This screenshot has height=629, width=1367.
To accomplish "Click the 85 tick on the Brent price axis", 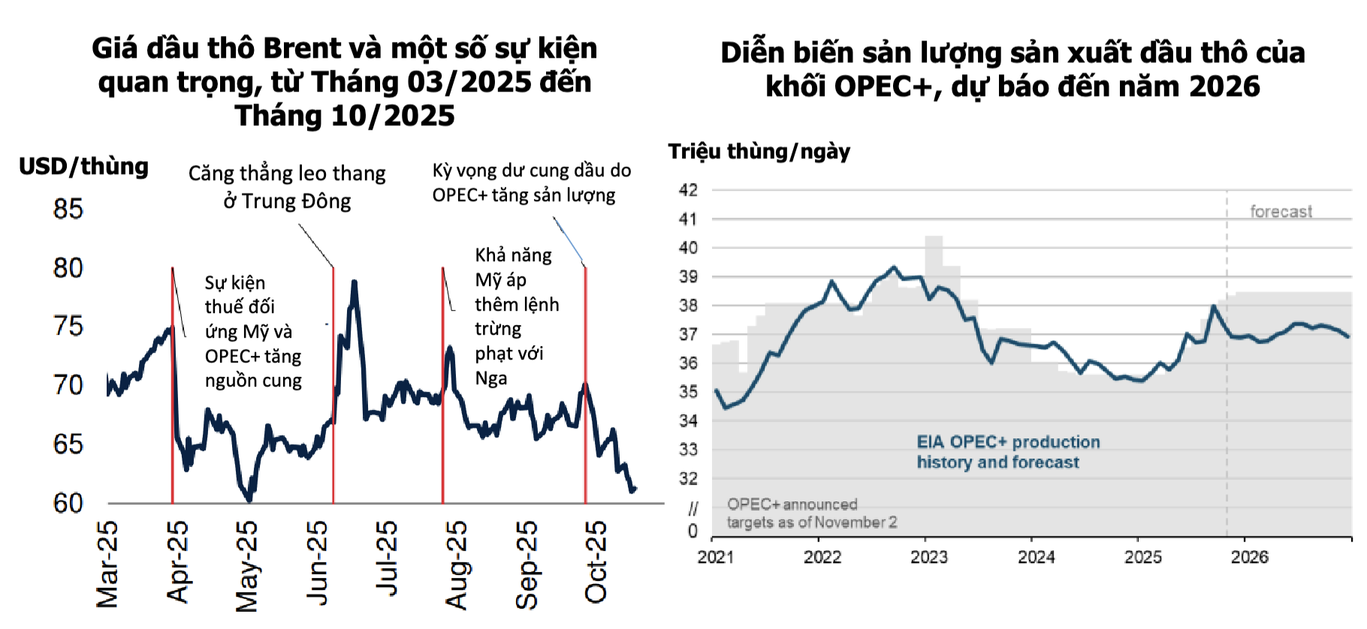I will tap(68, 209).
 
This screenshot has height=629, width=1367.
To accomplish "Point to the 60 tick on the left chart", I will tap(68, 503).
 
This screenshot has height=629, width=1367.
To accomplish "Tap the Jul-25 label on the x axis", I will tap(387, 559).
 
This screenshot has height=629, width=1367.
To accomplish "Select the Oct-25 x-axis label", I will tap(596, 562).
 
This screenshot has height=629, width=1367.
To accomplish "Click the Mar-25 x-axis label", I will tap(107, 564).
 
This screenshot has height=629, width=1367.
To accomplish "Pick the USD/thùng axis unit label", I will tap(83, 166).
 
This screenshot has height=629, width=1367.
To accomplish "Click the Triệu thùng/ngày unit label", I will tap(759, 152).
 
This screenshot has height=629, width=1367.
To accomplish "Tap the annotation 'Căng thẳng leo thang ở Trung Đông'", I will tap(287, 187).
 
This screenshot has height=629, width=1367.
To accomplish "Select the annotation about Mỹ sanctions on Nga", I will tap(516, 316).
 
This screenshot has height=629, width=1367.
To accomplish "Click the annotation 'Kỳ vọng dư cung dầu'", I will tap(531, 182).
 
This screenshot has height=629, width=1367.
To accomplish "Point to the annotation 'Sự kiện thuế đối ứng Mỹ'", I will tap(253, 331).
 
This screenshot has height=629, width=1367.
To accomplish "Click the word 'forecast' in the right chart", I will tap(1281, 212).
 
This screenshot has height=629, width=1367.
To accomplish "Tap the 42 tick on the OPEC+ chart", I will tap(688, 190).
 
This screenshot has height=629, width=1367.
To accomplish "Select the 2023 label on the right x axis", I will tap(929, 557).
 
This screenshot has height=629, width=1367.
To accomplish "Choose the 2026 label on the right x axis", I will tap(1249, 557).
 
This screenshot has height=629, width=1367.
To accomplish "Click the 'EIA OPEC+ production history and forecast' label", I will tap(1008, 452).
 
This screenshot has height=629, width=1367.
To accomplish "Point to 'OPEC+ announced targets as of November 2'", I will tap(811, 513).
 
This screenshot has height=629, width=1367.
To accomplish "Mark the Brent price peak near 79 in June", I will tap(354, 282).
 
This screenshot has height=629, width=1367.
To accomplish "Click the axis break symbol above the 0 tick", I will tap(693, 509).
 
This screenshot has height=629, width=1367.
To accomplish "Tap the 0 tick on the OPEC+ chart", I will tap(693, 531).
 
